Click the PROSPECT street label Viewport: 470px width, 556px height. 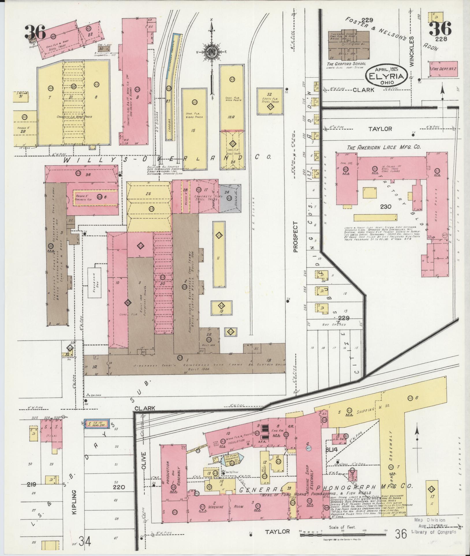pos(295,237)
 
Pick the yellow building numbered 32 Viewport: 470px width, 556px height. pos(269,101)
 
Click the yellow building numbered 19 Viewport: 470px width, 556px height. pos(222,308)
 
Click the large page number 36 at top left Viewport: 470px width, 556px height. pos(35,33)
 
